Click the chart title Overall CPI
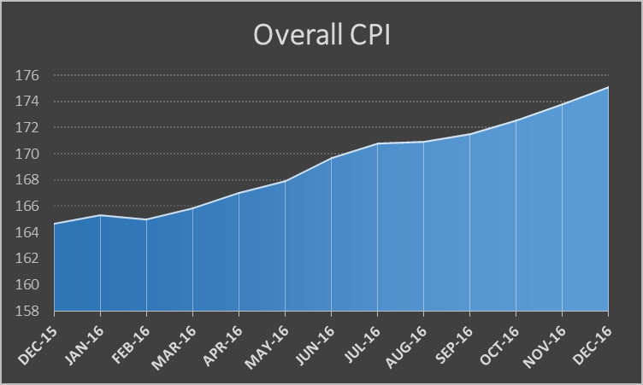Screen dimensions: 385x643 [321, 35]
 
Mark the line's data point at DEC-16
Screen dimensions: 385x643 [608, 87]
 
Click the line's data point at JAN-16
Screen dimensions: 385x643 [101, 215]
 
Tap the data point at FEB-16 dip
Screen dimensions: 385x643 [147, 219]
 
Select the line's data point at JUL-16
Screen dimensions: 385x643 [378, 143]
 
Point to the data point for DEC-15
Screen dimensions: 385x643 [55, 224]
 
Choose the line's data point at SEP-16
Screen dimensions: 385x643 [470, 134]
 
